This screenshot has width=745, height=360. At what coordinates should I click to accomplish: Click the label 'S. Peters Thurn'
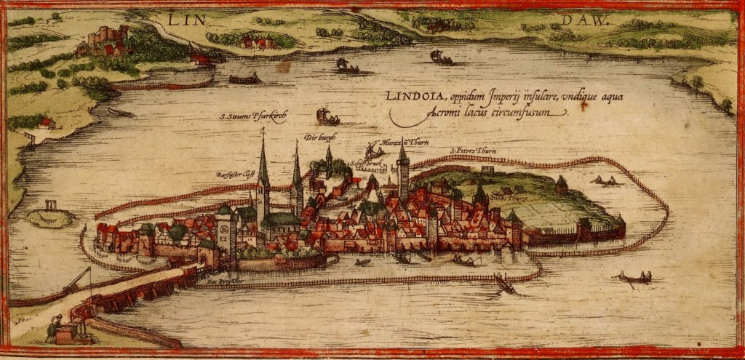point(473,151)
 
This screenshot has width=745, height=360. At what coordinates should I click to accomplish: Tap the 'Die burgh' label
point(316,136)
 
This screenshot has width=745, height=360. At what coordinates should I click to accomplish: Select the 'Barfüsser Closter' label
point(234,175)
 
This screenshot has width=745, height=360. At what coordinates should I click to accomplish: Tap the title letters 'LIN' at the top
point(182,20)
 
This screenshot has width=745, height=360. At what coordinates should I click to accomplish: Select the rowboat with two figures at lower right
point(635,277)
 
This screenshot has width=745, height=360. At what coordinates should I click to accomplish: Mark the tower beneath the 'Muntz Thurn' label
point(403,175)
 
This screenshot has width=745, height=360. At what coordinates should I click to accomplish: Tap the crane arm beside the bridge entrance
point(80,280)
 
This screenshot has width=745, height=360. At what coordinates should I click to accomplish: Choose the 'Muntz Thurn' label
point(399,142)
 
